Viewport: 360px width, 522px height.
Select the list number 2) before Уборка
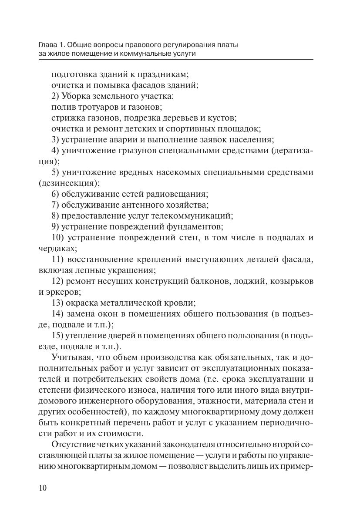pyautogui.click(x=55, y=96)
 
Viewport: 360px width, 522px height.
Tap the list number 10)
pyautogui.click(x=57, y=238)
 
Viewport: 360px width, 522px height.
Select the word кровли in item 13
pyautogui.click(x=180, y=303)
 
